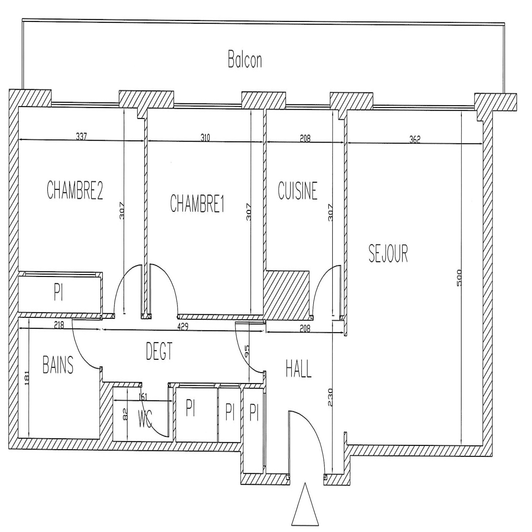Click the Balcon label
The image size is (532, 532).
click(x=245, y=60)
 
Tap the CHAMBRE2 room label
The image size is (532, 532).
click(x=75, y=190)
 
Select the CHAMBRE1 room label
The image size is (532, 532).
click(x=197, y=203)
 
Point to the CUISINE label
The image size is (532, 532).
click(x=298, y=191)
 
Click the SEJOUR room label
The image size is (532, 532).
click(x=388, y=253)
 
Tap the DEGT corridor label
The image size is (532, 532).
click(x=159, y=351)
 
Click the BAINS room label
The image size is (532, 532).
click(x=58, y=364)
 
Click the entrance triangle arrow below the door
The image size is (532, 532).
click(x=305, y=505)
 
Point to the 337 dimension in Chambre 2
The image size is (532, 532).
click(x=81, y=136)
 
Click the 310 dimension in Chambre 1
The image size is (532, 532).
click(x=205, y=138)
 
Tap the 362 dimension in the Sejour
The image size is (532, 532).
click(x=415, y=140)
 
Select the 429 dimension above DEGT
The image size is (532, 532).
click(x=183, y=327)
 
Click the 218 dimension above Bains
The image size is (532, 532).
click(x=59, y=325)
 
